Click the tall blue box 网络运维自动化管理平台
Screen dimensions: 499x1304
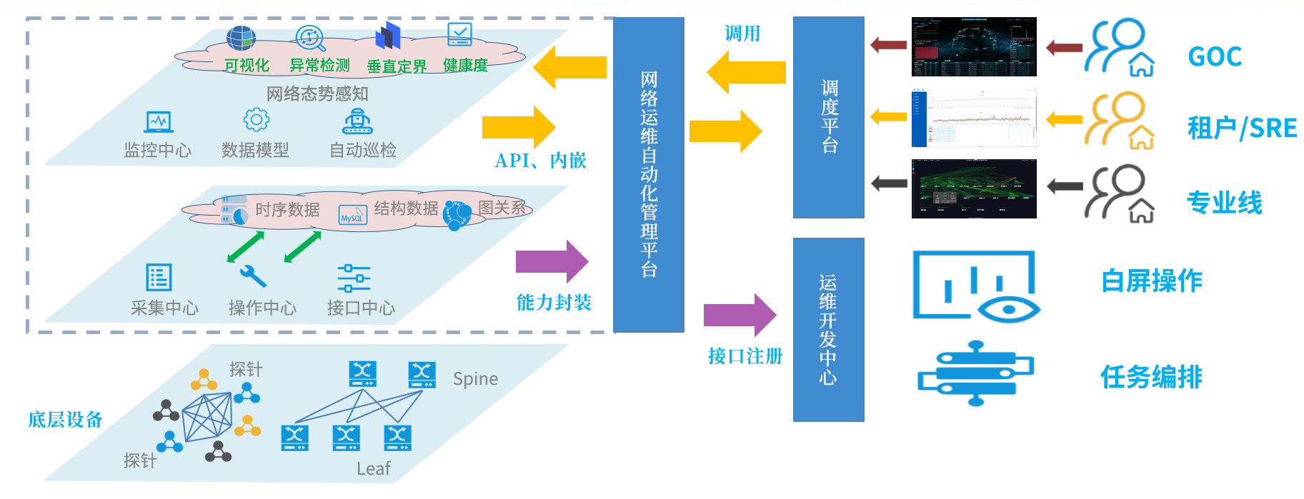coord(648,174)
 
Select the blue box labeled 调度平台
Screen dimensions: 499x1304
coord(828,117)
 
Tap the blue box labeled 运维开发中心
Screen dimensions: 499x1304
coord(828,329)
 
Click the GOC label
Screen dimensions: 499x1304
coord(1214,56)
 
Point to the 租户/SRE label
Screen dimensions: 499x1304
coord(1242,128)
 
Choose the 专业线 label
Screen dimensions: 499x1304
coord(1224,203)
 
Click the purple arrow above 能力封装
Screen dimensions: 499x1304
coord(552,261)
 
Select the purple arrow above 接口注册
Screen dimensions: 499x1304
coord(740,315)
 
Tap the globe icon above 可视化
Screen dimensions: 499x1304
coord(241,38)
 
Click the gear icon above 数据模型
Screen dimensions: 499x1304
coord(256,119)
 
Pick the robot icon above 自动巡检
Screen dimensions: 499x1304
coord(358,121)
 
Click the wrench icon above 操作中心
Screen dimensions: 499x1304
coord(253,276)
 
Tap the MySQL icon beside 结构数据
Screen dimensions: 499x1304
coord(352,213)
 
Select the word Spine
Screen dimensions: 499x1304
coord(475,379)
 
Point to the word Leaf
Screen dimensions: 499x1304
coord(374,469)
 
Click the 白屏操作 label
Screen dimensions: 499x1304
coord(1151,281)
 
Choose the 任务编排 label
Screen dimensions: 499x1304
coord(1151,377)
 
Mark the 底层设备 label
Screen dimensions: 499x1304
coord(65,420)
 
